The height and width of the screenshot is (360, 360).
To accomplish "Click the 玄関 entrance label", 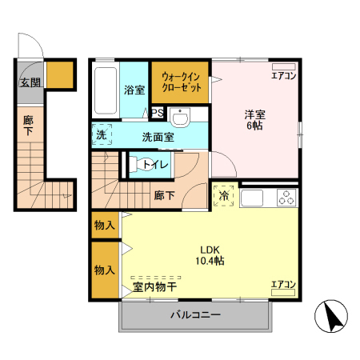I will click(30, 82).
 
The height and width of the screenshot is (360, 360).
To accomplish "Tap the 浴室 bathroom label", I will click(134, 90).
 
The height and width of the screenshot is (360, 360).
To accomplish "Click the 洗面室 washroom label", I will click(158, 136).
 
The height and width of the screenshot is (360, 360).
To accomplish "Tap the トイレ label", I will click(156, 165).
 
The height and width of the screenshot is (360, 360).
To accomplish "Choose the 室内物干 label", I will click(155, 286).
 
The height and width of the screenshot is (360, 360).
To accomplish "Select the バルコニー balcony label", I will click(195, 315).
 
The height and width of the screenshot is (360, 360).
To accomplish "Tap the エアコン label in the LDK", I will click(283, 284).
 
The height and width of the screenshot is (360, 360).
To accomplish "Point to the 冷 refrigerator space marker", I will click(224, 194).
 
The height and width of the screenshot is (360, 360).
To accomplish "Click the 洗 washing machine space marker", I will click(102, 134).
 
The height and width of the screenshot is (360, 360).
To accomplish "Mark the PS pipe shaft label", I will click(157, 113).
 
